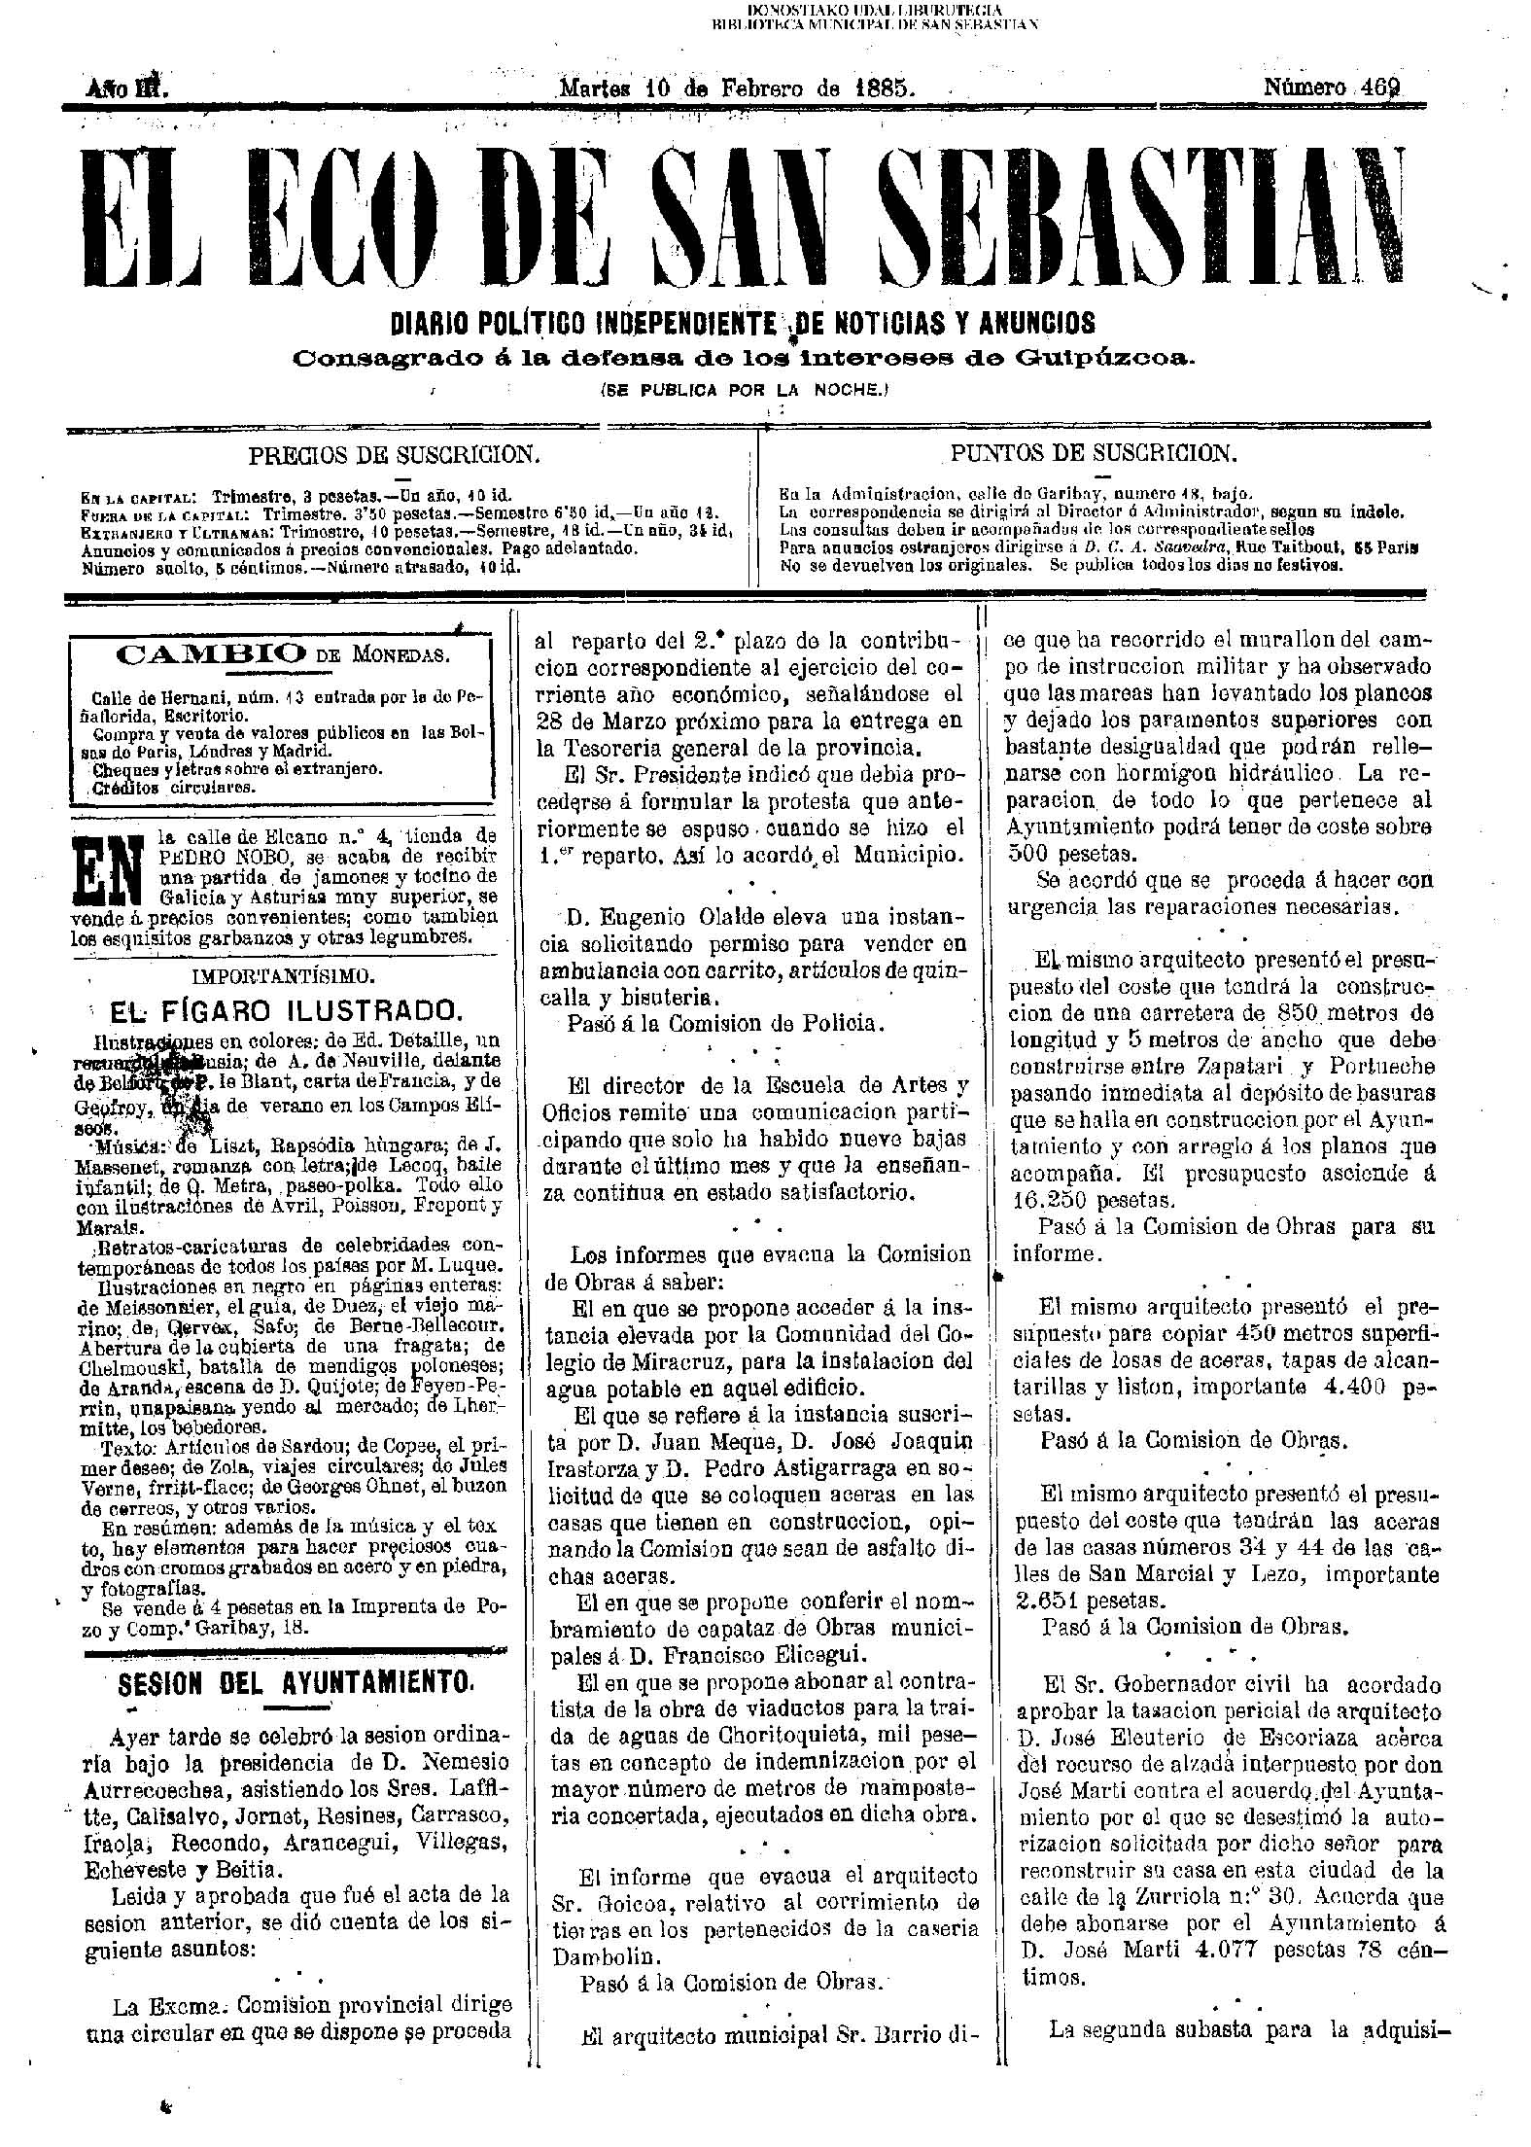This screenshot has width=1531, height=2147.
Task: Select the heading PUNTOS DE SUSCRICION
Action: [x=1094, y=454]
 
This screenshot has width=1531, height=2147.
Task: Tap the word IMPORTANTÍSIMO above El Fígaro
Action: [x=280, y=974]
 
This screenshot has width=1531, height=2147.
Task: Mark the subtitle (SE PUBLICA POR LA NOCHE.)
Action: [x=745, y=391]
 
